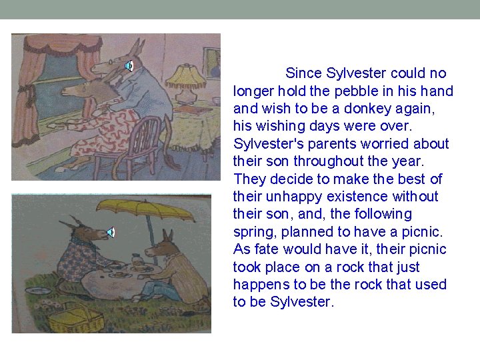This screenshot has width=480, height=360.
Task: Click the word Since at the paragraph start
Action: coord(303,73)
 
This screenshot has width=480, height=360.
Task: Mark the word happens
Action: coord(259,285)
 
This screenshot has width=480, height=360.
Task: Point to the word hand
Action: coord(438,91)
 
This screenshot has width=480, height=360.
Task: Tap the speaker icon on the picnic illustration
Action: coord(110,232)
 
